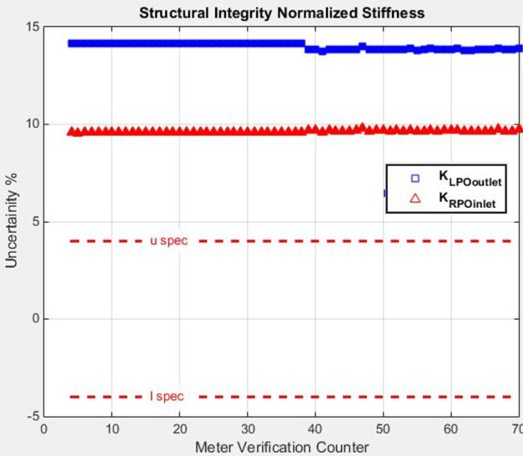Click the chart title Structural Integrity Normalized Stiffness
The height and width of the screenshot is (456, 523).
pyautogui.click(x=282, y=13)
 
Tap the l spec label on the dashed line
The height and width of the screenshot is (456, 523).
pyautogui.click(x=167, y=396)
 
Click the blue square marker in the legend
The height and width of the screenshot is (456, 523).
pyautogui.click(x=415, y=178)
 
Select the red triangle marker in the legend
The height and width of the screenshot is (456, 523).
pyautogui.click(x=415, y=199)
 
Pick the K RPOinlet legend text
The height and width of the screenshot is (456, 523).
pyautogui.click(x=467, y=200)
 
